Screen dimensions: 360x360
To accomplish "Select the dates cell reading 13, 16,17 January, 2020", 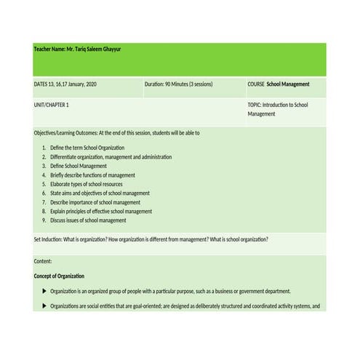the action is pos(65,84).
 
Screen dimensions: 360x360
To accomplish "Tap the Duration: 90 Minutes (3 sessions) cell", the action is pos(178,84).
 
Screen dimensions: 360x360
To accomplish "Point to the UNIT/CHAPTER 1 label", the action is pos(52,105).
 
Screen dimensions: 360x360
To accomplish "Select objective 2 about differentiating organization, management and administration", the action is pos(111,157).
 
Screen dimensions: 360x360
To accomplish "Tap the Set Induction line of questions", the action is pos(151,239).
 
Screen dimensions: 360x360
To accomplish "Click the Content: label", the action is pos(43,260).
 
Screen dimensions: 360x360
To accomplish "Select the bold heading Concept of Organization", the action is pos(59,276).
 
